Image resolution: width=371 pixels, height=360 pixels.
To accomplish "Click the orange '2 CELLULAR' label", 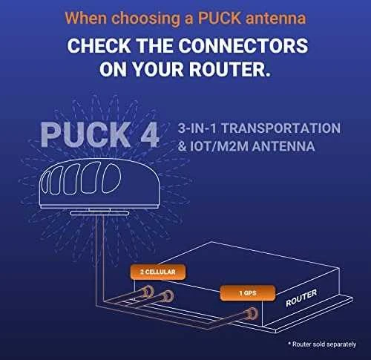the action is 158,272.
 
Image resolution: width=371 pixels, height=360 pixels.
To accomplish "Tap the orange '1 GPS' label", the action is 248,293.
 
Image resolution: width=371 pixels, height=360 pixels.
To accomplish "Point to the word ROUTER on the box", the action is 301,298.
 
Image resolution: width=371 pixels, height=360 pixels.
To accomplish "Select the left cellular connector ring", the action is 148,292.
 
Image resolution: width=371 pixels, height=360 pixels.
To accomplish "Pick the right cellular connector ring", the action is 168,296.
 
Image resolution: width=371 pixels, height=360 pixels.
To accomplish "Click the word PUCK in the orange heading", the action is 219,18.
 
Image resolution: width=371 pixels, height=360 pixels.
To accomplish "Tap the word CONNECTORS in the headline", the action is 243,46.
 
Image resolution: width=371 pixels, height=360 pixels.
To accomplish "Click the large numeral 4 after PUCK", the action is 150,134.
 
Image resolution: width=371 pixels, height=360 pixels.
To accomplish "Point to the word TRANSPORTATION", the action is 280,128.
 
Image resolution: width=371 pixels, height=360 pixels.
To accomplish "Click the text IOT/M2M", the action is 219,146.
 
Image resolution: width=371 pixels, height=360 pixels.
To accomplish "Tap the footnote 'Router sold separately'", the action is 322,344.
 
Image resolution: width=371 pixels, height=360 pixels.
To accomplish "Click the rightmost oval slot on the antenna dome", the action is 111,178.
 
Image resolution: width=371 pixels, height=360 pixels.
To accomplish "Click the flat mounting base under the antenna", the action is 99,213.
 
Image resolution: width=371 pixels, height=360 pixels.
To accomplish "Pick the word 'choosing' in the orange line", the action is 145,19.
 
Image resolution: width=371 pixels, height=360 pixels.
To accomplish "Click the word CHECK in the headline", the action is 99,46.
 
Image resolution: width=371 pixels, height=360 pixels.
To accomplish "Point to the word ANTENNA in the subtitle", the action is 283,146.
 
